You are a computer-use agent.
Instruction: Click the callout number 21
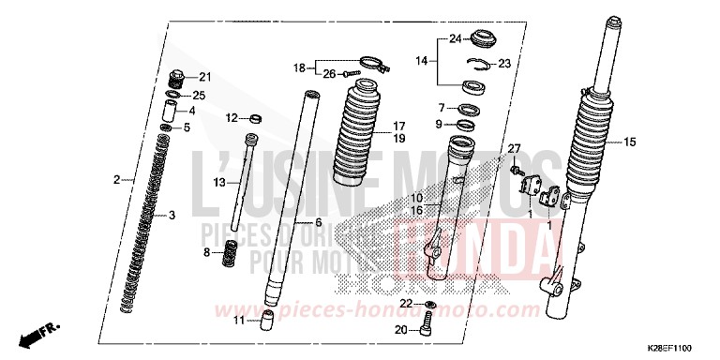pyautogui.click(x=205, y=76)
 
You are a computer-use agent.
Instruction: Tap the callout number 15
pyautogui.click(x=629, y=142)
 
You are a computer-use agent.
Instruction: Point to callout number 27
pyautogui.click(x=513, y=150)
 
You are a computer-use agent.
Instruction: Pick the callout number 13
pyautogui.click(x=219, y=181)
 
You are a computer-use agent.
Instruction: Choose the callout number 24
pyautogui.click(x=454, y=39)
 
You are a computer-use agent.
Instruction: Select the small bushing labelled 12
pyautogui.click(x=250, y=119)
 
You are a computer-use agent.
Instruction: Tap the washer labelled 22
pyautogui.click(x=429, y=306)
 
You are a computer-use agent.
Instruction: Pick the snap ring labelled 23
pyautogui.click(x=481, y=64)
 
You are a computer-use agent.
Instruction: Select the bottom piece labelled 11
pyautogui.click(x=267, y=321)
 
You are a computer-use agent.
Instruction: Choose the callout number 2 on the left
pyautogui.click(x=117, y=178)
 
